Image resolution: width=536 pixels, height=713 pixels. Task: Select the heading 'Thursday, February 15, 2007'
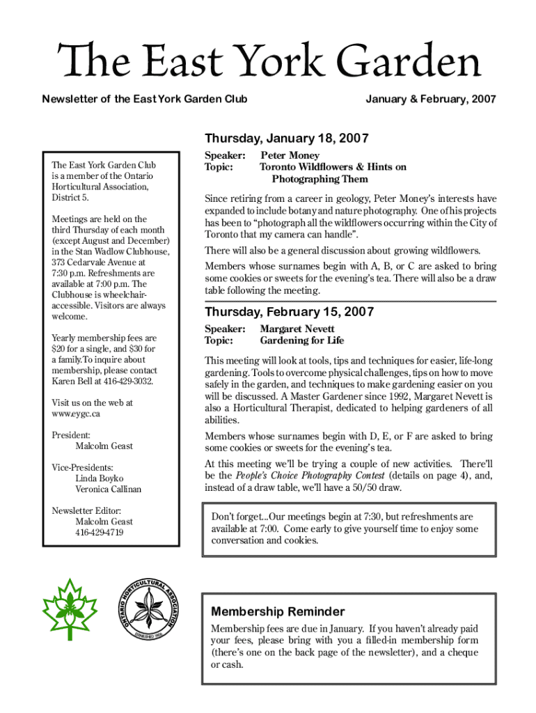289,311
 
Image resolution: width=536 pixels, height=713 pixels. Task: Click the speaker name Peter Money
290,155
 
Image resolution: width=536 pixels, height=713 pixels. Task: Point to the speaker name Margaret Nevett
297,329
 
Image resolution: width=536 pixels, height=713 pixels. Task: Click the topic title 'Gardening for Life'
301,340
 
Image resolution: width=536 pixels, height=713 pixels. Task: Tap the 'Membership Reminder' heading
278,611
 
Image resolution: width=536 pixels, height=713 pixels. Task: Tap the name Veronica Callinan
108,489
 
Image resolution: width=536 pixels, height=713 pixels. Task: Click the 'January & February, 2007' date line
430,100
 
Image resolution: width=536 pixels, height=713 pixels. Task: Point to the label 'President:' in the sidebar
70,435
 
